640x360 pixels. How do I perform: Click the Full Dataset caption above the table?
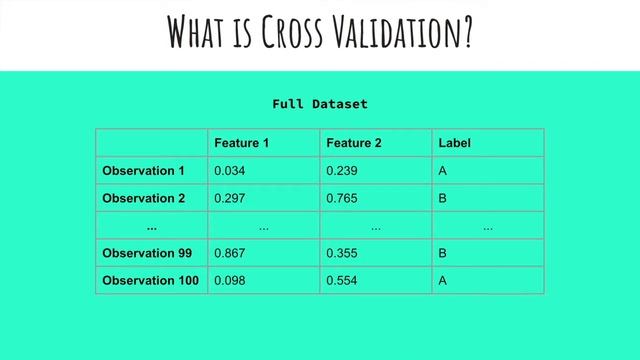pos(320,104)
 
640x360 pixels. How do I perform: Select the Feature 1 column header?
pos(241,143)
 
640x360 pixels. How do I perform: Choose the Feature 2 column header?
pos(354,143)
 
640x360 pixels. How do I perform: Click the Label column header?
pos(454,143)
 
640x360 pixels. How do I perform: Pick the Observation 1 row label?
pos(143,171)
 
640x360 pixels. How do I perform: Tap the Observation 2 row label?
pos(143,198)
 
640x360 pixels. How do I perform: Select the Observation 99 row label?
pos(147,253)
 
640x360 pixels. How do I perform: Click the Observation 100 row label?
pos(150,281)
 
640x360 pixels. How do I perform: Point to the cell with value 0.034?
pos(229,171)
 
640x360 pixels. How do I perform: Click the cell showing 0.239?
pos(341,171)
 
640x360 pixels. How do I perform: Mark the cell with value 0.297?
pos(229,198)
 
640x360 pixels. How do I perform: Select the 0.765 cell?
pos(341,198)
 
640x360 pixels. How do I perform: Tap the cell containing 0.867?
pos(229,253)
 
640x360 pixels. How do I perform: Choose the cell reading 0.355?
pos(341,253)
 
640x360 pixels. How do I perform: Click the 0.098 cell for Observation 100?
pos(229,281)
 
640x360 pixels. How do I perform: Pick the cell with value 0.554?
pos(341,281)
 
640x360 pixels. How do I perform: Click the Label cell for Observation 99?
pos(443,253)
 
